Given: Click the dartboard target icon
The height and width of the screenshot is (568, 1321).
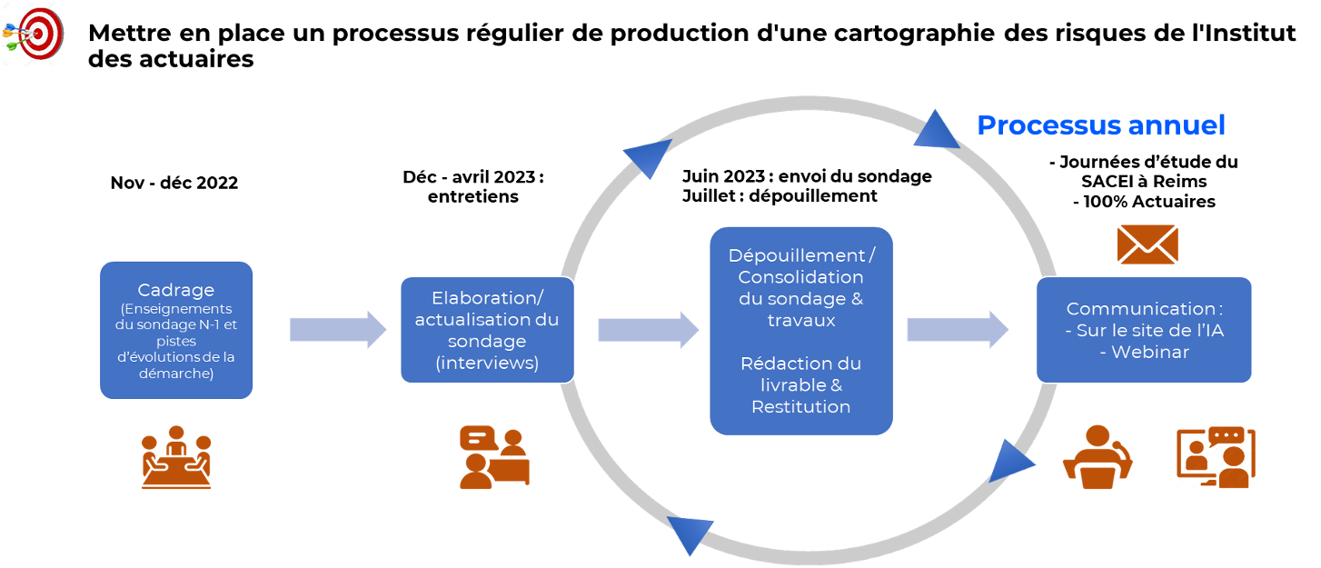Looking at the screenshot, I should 34,34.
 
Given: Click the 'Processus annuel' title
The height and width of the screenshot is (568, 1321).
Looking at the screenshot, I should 1100,125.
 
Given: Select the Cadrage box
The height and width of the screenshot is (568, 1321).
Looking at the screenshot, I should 176,330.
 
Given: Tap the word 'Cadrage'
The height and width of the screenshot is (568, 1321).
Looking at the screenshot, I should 176,290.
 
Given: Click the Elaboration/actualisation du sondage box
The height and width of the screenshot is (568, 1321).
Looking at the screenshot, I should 487,330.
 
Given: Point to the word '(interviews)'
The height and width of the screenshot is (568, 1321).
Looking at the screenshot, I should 487,364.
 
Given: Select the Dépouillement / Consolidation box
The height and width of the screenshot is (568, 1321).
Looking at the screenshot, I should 801,330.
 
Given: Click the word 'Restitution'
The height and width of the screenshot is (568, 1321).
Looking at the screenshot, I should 800,406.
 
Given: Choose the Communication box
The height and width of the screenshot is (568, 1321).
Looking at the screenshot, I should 1144,330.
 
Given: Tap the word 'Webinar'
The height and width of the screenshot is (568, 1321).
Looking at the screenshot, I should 1144,352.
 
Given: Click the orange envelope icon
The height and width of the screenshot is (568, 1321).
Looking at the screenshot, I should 1147,244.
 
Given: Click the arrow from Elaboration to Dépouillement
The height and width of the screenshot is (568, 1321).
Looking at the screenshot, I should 647,329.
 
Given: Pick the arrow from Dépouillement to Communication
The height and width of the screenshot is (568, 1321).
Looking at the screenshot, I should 957,329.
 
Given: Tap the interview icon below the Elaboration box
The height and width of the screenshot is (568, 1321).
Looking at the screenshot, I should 494,457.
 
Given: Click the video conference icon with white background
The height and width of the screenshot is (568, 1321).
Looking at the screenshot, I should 1216,457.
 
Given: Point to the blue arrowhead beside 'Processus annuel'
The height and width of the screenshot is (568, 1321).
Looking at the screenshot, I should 936,131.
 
